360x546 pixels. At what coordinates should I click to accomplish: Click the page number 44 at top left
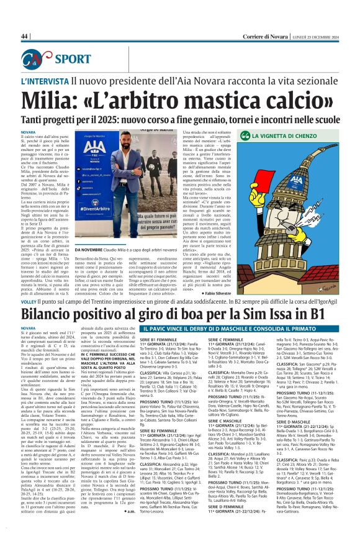tap(24, 37)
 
